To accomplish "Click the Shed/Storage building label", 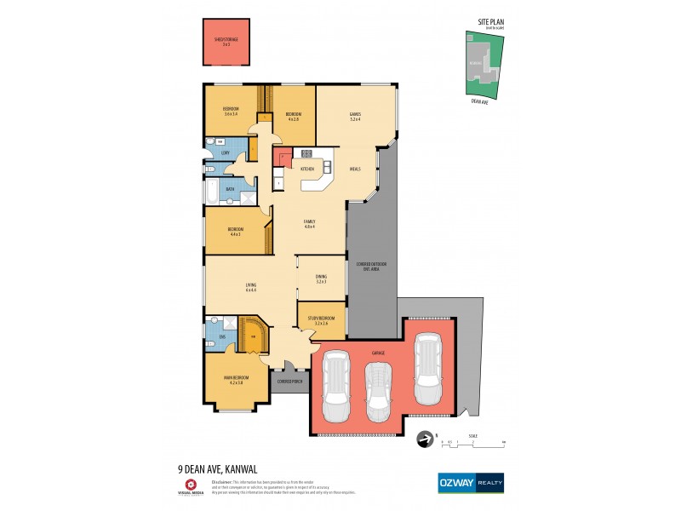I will (x=226, y=41).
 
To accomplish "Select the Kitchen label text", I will (x=307, y=169).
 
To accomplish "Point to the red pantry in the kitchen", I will (x=282, y=158).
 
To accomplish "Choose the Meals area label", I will (x=355, y=169).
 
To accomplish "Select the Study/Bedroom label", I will (x=321, y=321).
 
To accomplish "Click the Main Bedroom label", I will (x=235, y=380).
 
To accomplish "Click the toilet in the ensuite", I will (x=211, y=345).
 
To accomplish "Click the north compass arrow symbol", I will (x=423, y=440).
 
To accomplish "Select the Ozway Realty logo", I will (x=470, y=482).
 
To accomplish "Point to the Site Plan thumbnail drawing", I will (x=480, y=64).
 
